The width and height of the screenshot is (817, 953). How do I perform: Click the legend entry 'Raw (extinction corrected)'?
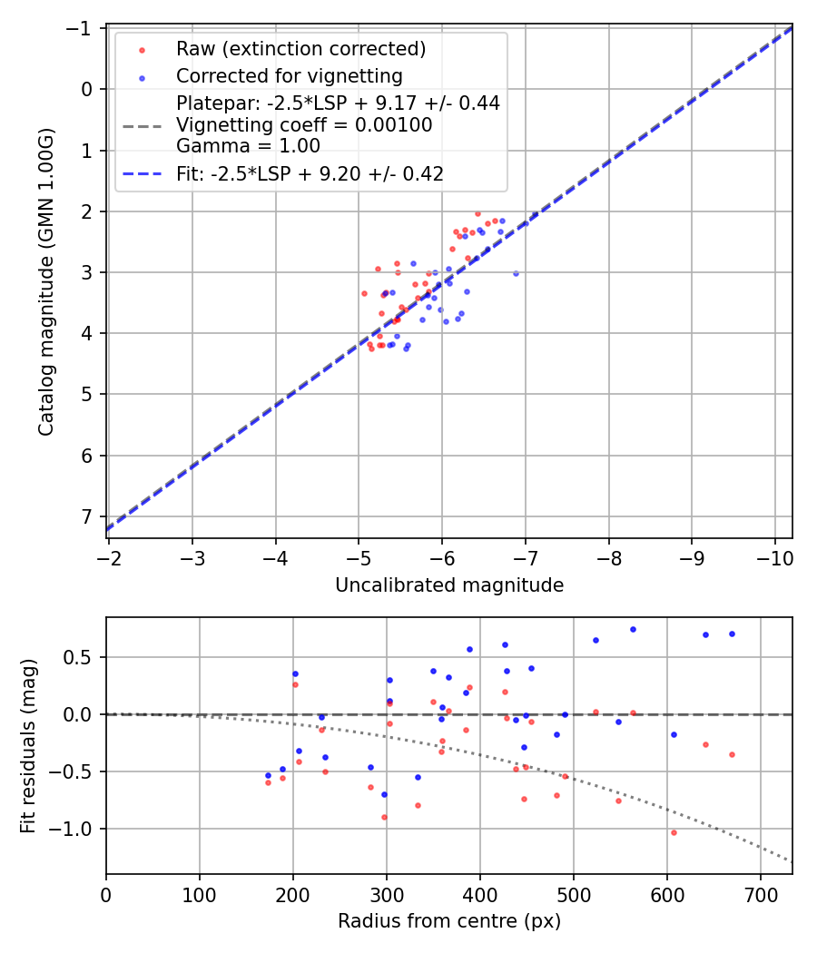(x=300, y=48)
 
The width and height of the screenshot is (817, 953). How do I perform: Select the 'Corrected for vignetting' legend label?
(x=289, y=75)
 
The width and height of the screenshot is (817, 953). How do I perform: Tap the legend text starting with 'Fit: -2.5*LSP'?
(x=310, y=174)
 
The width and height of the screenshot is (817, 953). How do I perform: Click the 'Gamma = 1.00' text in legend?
(x=248, y=145)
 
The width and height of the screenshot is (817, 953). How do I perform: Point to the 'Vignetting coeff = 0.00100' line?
(x=304, y=124)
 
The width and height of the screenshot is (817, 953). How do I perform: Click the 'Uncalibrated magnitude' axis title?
(x=449, y=585)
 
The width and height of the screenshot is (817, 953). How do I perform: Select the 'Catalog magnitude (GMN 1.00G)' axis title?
(x=46, y=282)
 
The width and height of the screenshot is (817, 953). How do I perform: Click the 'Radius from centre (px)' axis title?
(x=449, y=921)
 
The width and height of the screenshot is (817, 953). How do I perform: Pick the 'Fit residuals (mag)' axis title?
(x=28, y=745)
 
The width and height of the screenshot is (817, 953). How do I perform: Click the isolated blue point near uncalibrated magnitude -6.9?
(x=516, y=273)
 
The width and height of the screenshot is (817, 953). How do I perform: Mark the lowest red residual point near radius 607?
(x=674, y=832)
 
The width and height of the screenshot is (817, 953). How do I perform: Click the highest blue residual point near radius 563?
(x=633, y=629)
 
